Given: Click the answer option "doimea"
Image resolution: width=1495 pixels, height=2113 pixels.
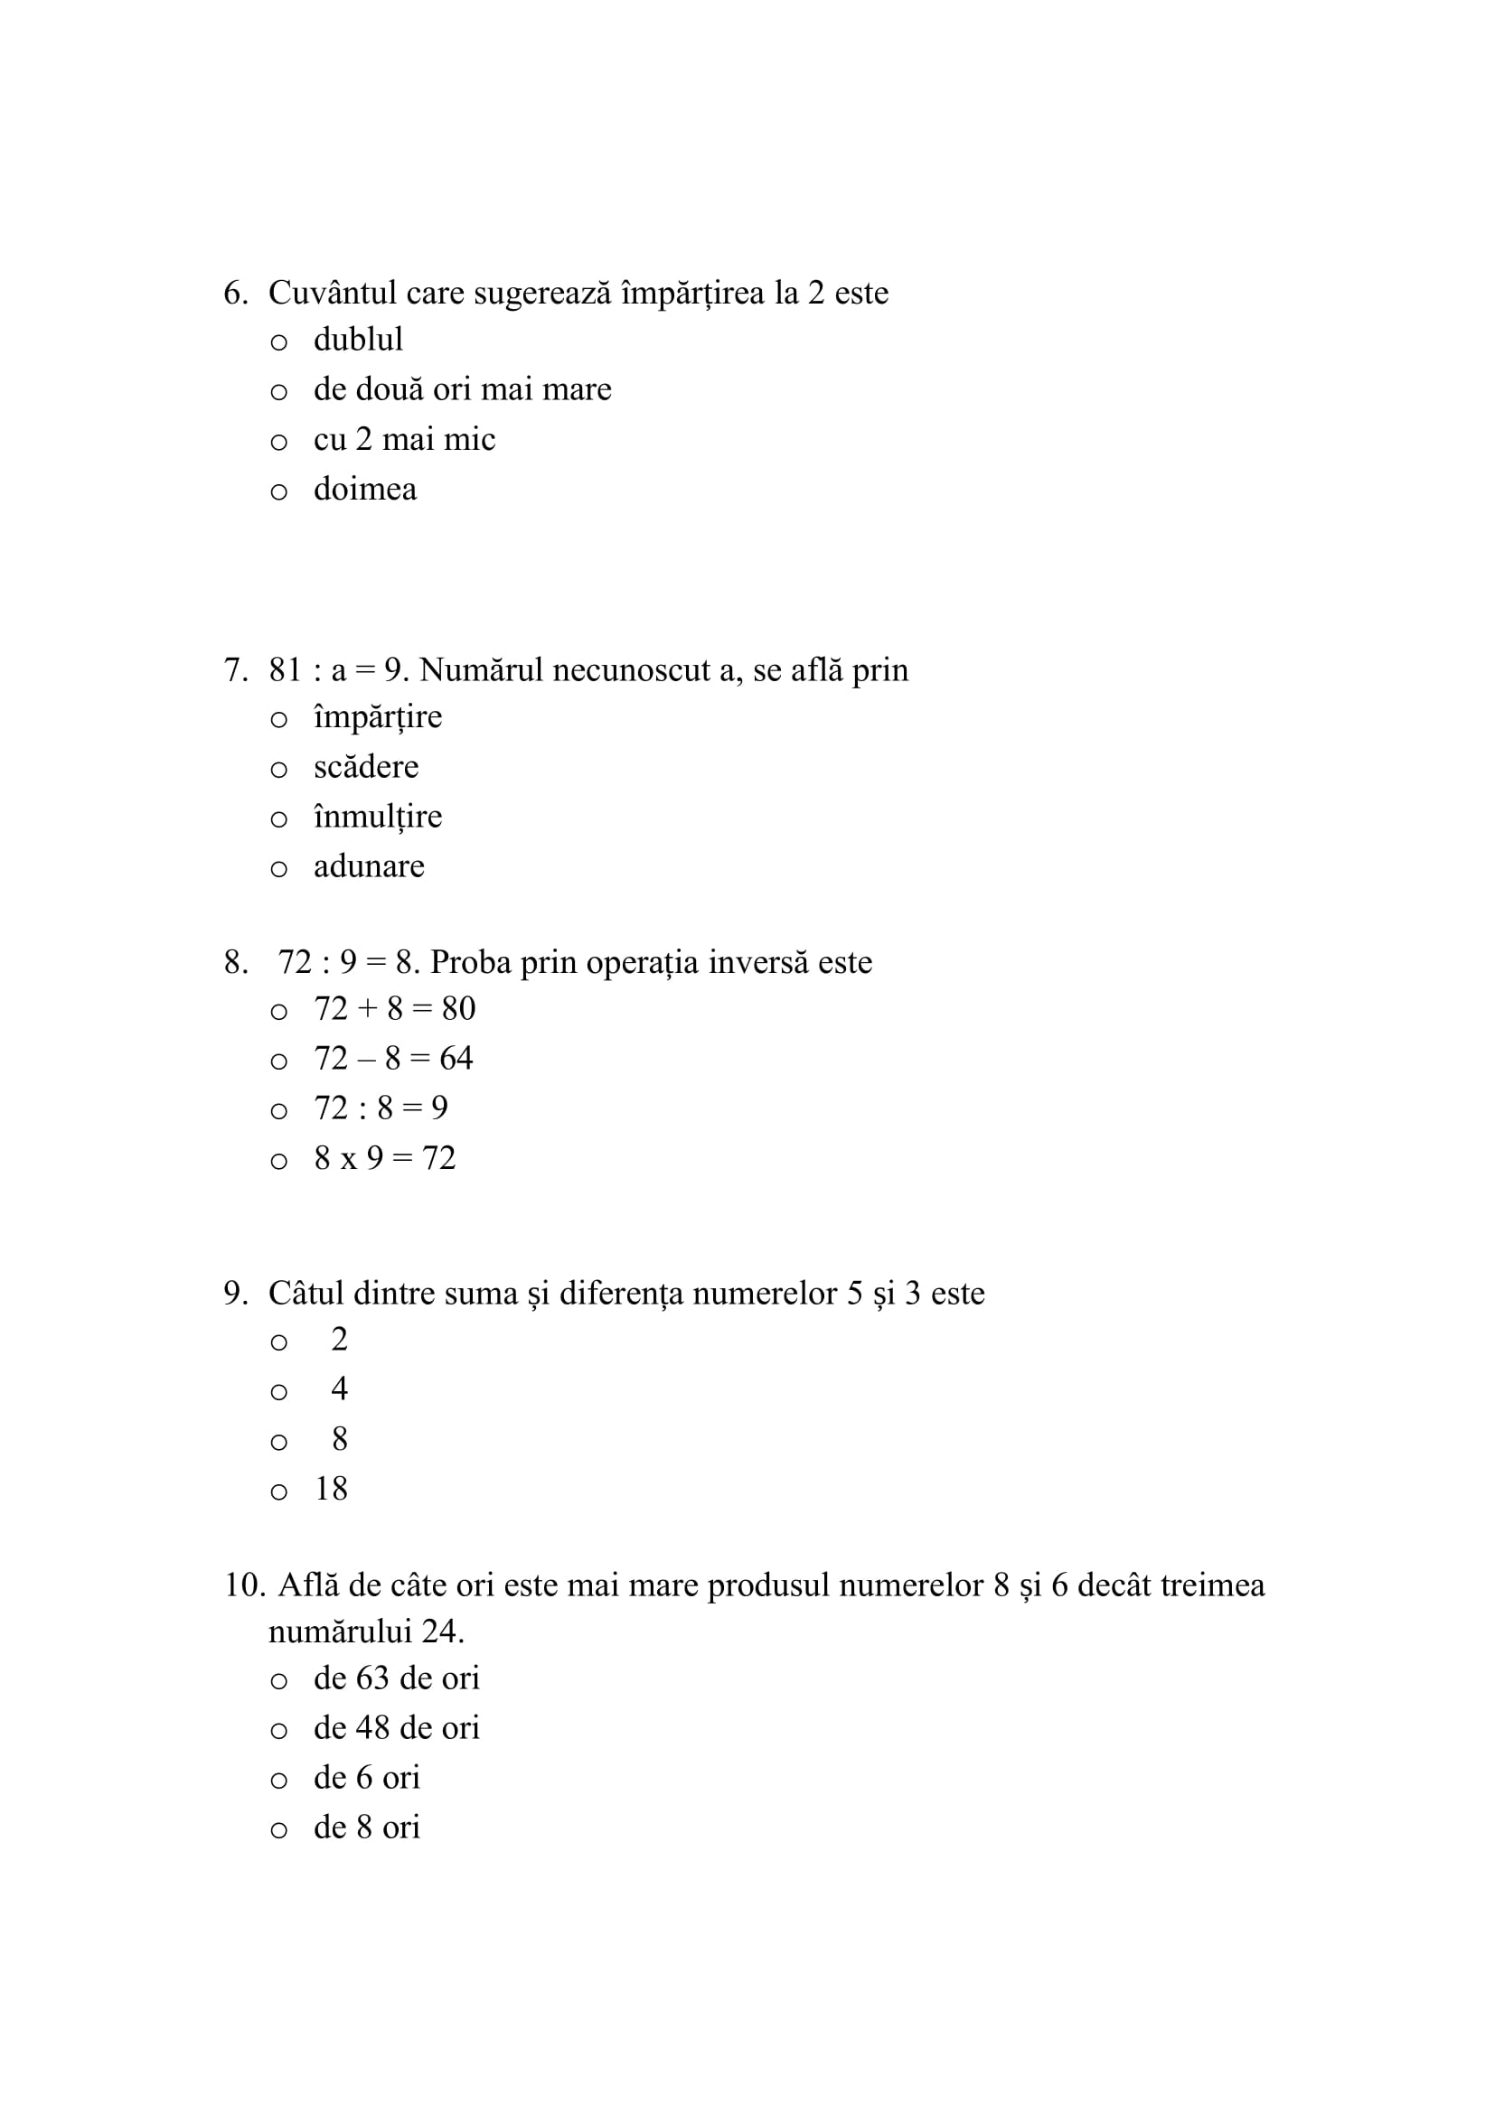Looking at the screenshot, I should click(364, 489).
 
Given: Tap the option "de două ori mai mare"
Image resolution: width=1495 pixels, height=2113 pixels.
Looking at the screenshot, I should click(462, 389).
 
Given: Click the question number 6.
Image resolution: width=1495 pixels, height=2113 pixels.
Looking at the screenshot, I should click(235, 293).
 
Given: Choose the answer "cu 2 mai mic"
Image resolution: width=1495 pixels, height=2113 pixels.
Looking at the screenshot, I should click(404, 439).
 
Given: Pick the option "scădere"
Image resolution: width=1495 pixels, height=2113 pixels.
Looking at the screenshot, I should click(365, 767).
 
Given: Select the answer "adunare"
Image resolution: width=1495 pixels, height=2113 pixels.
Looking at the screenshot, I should click(369, 866).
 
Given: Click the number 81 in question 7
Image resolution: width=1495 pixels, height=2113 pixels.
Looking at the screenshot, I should click(286, 670).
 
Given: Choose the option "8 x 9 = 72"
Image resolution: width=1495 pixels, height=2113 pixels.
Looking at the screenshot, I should click(385, 1158).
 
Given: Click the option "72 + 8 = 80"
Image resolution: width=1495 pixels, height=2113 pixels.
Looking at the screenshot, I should click(395, 1009).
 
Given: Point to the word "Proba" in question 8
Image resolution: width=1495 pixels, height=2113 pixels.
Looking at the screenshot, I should click(470, 963).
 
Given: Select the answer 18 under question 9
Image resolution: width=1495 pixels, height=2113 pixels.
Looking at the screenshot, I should click(332, 1489).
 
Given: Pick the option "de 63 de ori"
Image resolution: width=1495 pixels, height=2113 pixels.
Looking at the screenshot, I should click(397, 1678).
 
